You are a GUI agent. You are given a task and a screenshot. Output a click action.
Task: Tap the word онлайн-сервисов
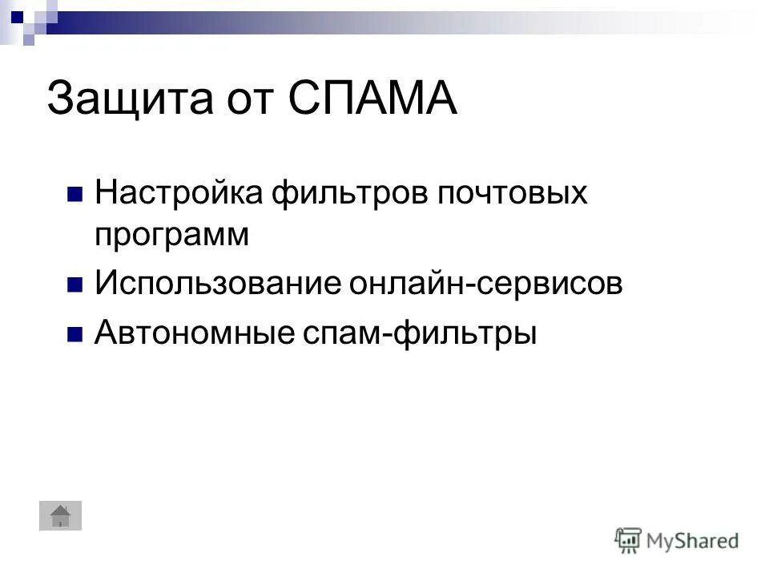tap(485, 284)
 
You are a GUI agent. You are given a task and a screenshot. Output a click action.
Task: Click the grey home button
tap(61, 514)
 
